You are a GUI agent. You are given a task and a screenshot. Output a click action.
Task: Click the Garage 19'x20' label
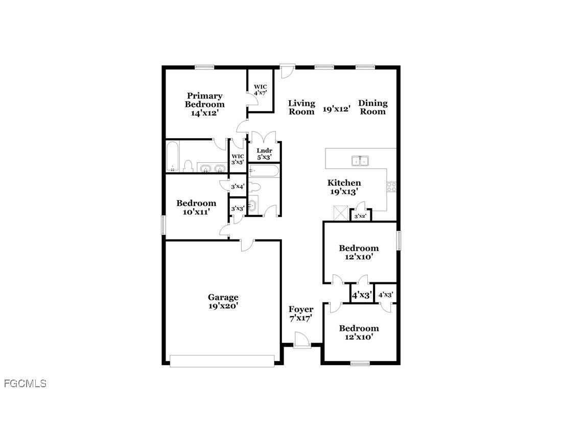223,301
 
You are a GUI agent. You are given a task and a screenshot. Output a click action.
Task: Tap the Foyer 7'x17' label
301,314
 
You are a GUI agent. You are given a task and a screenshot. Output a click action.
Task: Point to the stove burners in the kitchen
392,187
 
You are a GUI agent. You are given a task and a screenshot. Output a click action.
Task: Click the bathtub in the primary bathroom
172,157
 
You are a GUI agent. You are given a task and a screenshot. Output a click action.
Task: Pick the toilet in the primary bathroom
188,166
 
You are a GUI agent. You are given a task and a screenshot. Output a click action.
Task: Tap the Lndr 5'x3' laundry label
265,154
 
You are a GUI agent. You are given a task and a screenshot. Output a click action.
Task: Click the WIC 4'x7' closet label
261,90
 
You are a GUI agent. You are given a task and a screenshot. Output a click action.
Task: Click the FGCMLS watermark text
25,383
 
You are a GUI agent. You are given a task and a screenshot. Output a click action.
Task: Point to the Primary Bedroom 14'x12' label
204,104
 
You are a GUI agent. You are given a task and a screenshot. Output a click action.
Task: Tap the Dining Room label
372,107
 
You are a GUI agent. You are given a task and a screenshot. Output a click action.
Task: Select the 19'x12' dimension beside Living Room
336,108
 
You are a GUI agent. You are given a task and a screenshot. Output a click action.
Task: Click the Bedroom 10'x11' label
196,207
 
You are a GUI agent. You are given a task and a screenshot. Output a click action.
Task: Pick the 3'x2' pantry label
361,216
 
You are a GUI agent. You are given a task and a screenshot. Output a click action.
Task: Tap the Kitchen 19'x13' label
344,187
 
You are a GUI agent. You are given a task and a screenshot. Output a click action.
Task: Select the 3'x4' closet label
238,187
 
